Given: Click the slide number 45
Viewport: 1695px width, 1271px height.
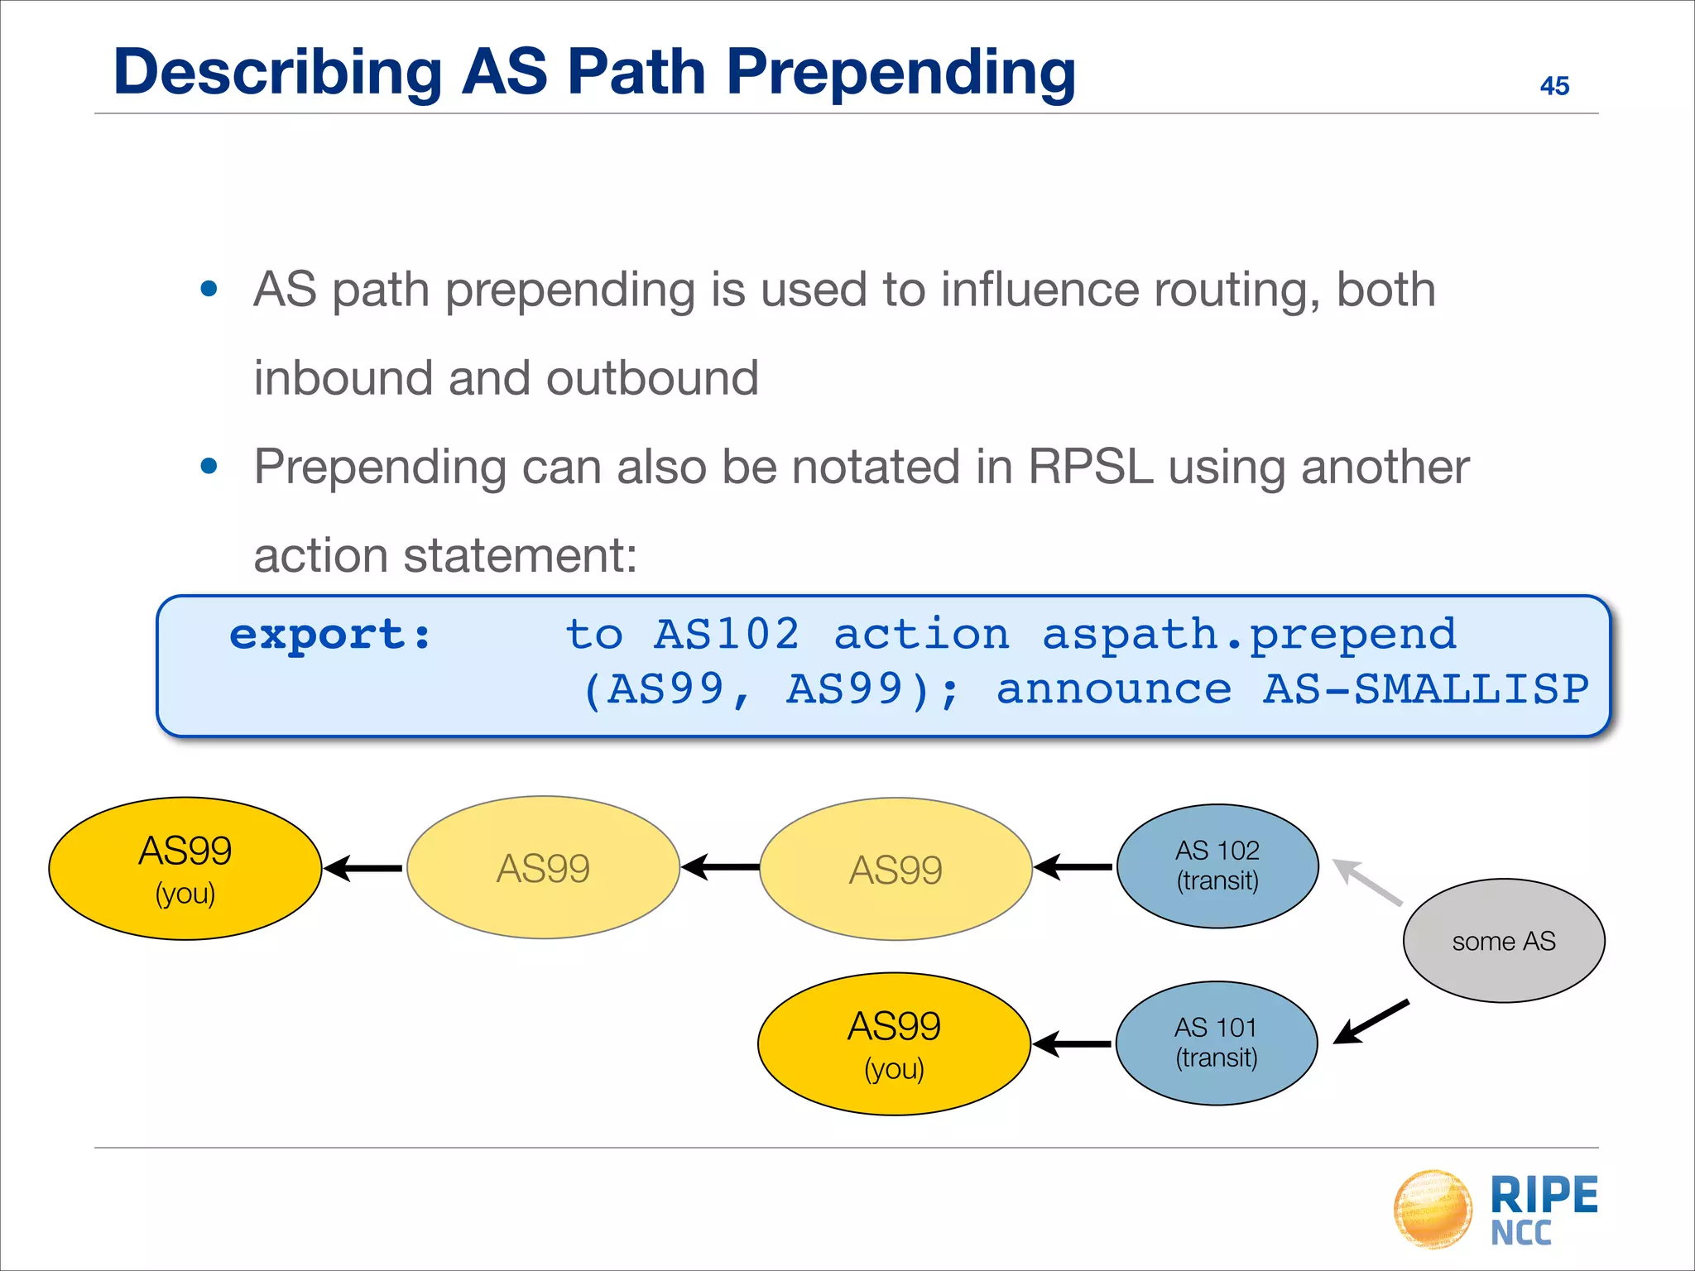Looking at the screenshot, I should [x=1553, y=86].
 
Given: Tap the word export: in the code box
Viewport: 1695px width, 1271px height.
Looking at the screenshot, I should [x=330, y=635].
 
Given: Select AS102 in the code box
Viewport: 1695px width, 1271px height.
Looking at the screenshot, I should [x=727, y=635].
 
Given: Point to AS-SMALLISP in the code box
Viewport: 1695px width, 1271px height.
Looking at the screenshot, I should [x=1425, y=690].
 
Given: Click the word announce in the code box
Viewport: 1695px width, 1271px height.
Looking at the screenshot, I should [x=1114, y=690].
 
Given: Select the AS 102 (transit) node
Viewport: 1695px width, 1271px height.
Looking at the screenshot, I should [x=1217, y=866].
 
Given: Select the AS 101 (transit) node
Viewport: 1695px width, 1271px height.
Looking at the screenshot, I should [x=1216, y=1043].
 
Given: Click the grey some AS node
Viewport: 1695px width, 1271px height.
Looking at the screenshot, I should [x=1503, y=941].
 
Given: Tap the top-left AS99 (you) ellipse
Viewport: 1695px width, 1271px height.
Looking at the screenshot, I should [x=185, y=868].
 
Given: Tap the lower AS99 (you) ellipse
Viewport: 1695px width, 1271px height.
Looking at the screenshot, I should [x=894, y=1043].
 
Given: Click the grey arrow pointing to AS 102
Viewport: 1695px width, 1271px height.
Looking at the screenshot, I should [x=1366, y=882].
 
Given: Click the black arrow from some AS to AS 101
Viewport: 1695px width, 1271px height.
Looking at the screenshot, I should [x=1371, y=1023].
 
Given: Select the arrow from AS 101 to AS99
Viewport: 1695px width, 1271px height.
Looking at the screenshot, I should [x=1073, y=1044].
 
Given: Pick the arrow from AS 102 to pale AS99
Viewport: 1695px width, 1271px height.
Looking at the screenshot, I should [x=1073, y=867].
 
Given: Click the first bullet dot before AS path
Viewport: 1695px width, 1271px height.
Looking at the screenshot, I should [x=209, y=289].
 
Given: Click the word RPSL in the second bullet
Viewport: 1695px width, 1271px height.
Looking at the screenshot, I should [x=1090, y=467].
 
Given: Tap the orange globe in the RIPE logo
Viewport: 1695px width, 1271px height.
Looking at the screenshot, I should [x=1433, y=1208].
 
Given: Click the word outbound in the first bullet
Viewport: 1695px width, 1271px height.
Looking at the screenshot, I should [x=651, y=378].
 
